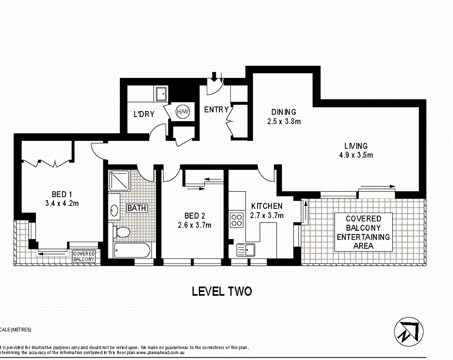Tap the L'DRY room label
coord(144,114)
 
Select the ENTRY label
coord(216,110)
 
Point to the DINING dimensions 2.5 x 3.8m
coord(283,121)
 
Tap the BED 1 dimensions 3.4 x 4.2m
coord(62,203)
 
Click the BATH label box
coord(136,208)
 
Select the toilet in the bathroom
coord(122,233)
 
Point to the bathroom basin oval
coord(114,210)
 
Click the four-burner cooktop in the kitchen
coord(237,220)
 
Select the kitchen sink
coord(245,249)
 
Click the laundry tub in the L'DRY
coord(161,94)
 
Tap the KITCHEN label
coord(267,206)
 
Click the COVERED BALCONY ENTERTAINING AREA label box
coord(363,232)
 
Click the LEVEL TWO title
coord(222,291)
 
